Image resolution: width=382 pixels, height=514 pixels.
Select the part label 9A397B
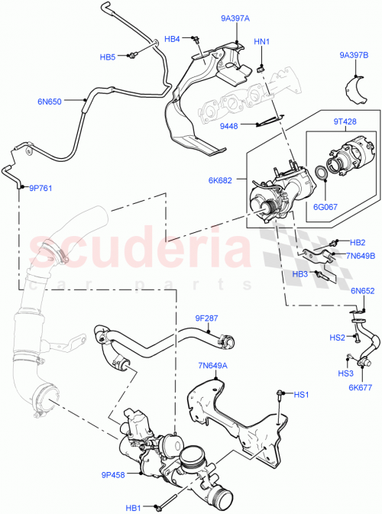(354, 55)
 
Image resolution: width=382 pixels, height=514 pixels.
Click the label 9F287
(207, 317)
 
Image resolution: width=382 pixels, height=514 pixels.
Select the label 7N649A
(213, 366)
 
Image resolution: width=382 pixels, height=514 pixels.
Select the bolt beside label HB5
(133, 53)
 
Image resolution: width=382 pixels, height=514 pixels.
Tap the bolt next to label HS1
(281, 394)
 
